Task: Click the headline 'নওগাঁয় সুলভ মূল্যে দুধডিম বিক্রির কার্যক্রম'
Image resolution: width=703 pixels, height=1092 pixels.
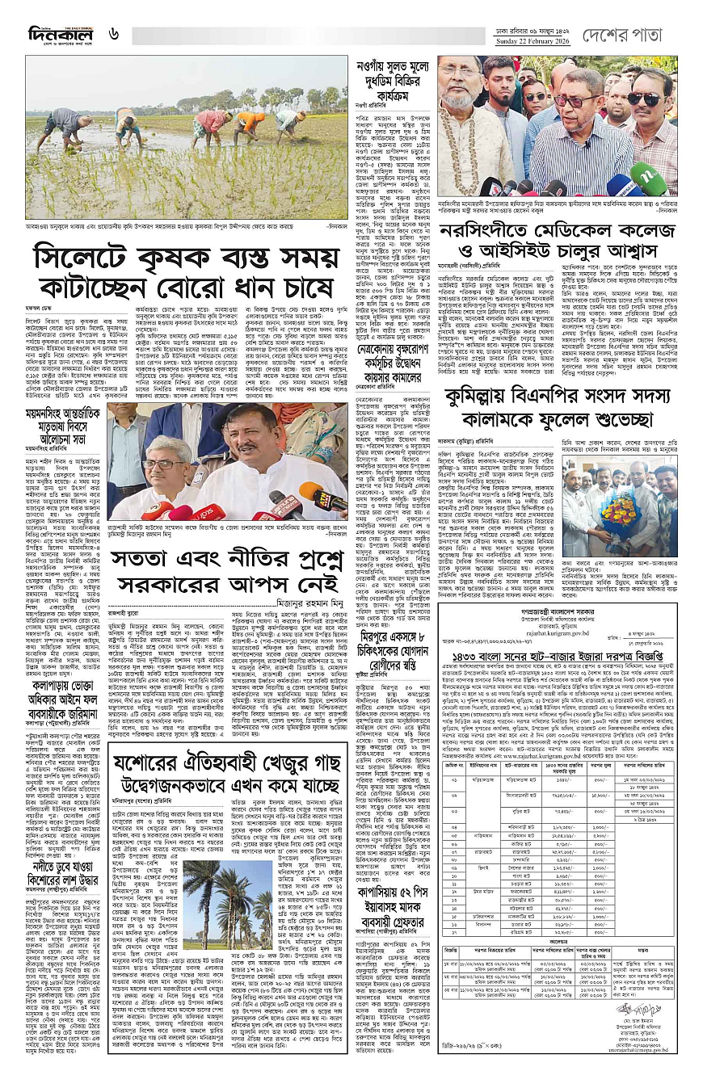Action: point(390,82)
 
